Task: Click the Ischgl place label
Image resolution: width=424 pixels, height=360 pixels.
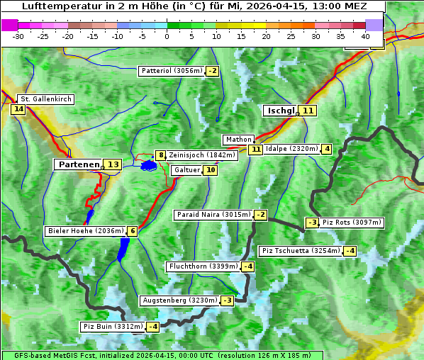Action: click(280, 111)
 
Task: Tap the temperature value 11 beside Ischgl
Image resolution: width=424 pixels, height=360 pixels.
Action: click(307, 111)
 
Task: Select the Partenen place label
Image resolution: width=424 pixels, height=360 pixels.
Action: click(78, 164)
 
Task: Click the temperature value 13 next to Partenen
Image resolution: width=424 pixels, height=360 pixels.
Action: click(112, 164)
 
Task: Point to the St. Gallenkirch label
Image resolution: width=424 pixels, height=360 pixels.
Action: click(46, 99)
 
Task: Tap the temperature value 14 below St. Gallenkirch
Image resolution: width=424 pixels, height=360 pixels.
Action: click(18, 109)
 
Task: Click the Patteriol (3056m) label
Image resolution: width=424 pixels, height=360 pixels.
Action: click(172, 71)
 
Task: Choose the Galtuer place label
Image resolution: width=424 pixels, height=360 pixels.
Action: click(186, 170)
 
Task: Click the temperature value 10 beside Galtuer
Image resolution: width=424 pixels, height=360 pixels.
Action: click(210, 170)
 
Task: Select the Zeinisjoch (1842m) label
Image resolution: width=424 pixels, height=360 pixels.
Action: click(202, 155)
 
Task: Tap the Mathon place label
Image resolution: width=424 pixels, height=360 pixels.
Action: click(238, 140)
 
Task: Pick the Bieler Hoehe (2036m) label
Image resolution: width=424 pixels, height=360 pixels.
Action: click(84, 231)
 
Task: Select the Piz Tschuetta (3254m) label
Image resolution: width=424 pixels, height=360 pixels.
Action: click(300, 251)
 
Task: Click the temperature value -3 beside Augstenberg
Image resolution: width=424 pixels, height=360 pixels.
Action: click(227, 300)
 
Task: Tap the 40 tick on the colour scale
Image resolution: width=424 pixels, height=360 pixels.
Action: click(365, 36)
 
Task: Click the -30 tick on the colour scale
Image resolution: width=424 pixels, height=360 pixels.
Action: click(18, 36)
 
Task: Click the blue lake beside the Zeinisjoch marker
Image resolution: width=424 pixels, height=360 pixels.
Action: click(148, 166)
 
